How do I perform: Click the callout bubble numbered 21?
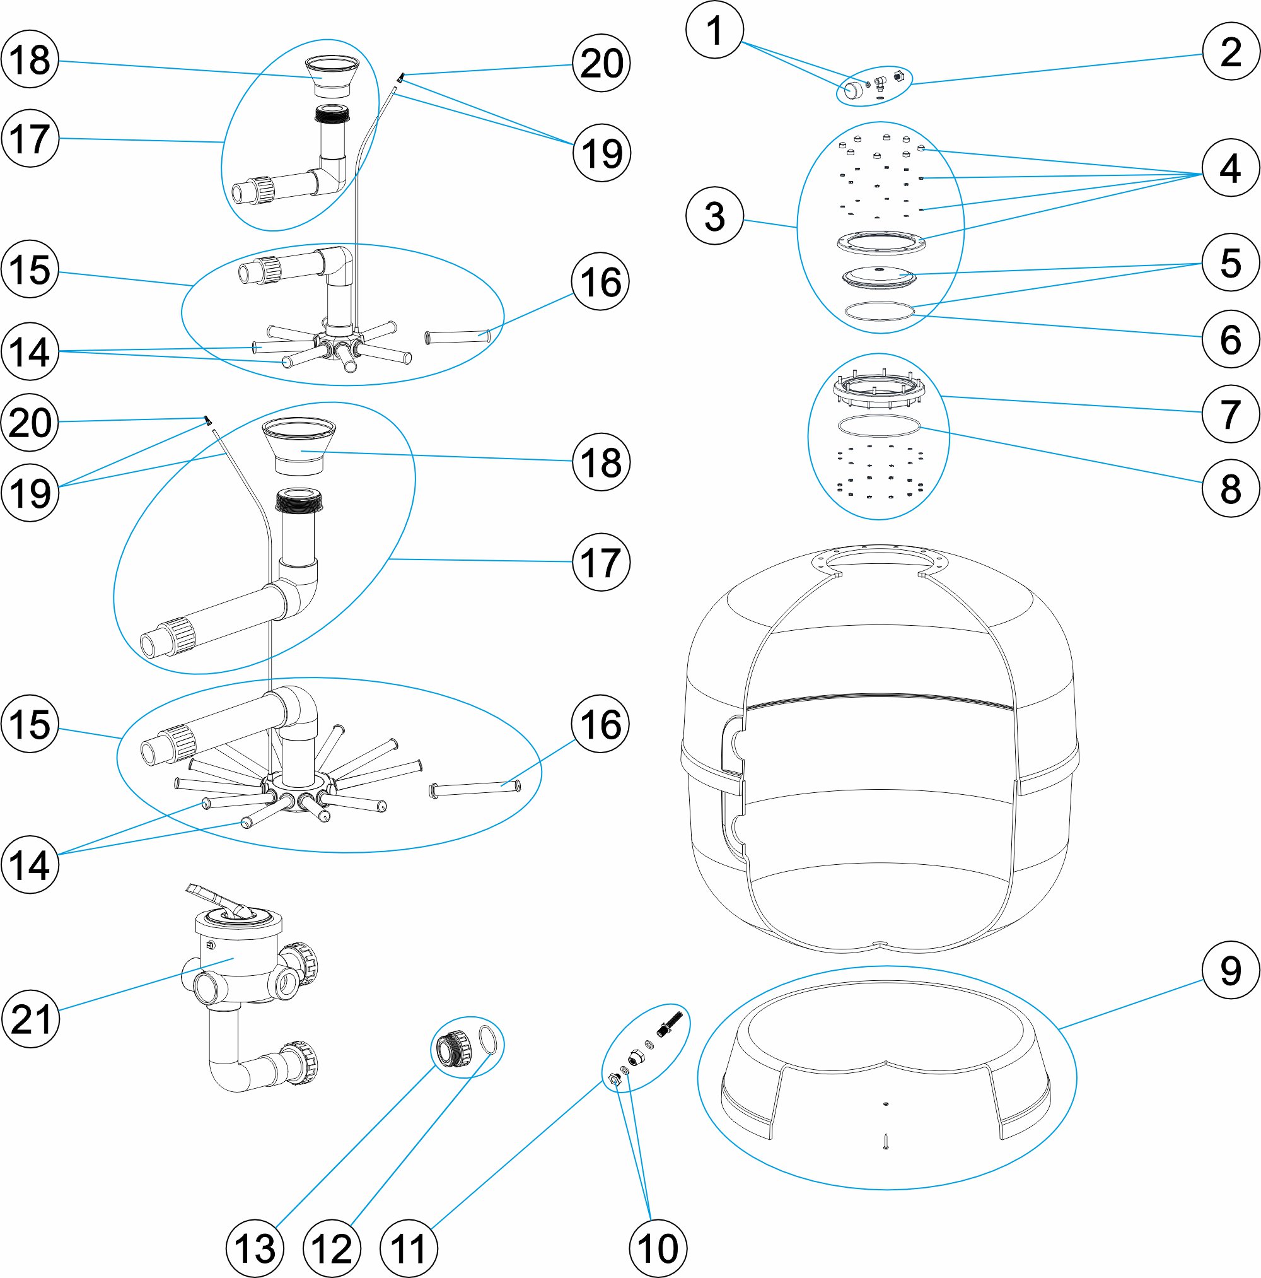click(x=30, y=1019)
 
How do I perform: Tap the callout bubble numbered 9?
click(x=1231, y=970)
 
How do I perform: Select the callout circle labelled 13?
click(x=255, y=1249)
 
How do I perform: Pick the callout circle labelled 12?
click(x=332, y=1249)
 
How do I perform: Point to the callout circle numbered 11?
click(x=409, y=1249)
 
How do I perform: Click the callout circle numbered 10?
click(x=658, y=1249)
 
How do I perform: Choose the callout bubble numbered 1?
click(x=715, y=30)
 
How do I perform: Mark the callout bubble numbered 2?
click(x=1231, y=51)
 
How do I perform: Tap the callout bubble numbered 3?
click(x=715, y=216)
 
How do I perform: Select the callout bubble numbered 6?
click(x=1231, y=339)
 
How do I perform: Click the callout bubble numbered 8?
click(x=1231, y=488)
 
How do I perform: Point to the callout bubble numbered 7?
click(x=1231, y=414)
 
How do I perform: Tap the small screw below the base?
click(x=886, y=1140)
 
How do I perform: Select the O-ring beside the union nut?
click(x=487, y=1039)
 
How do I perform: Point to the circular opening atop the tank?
click(x=879, y=561)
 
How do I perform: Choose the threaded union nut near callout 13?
click(x=452, y=1048)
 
